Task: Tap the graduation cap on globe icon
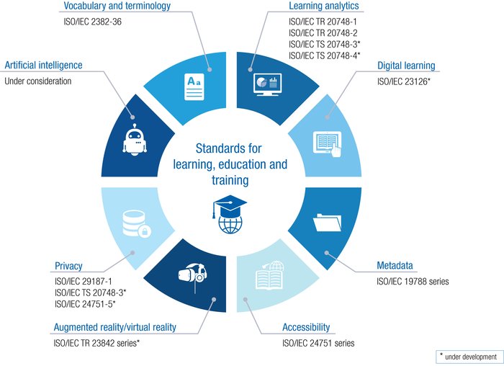(229, 214)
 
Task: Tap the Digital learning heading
(406, 66)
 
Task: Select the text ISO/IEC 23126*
(403, 82)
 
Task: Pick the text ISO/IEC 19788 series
(413, 282)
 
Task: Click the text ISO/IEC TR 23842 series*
(96, 343)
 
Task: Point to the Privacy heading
(69, 265)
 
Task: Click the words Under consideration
(38, 81)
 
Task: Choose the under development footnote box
(467, 357)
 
